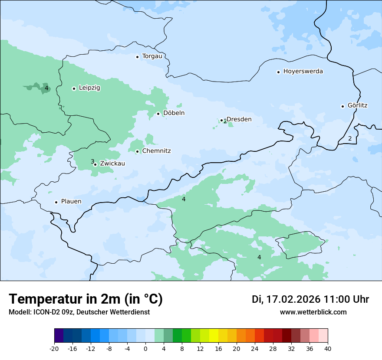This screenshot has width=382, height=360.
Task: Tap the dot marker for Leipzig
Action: (74, 88)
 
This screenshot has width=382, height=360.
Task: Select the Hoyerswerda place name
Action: (303, 72)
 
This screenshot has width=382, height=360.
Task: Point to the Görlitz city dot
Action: (342, 106)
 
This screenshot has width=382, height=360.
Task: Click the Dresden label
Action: (239, 119)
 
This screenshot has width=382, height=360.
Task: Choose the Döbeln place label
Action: (174, 113)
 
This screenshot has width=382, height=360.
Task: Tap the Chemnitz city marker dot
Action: (137, 151)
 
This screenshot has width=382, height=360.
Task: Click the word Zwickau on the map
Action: (112, 164)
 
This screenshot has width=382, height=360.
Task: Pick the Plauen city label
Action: (71, 202)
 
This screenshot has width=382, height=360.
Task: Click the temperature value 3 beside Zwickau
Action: (92, 161)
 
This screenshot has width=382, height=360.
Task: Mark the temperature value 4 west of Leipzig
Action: (46, 88)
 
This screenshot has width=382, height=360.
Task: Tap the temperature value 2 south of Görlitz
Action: (350, 139)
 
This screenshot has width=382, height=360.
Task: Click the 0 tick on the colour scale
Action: (145, 349)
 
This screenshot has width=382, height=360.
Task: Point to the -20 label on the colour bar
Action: (54, 349)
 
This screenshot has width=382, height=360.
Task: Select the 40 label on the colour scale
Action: (328, 349)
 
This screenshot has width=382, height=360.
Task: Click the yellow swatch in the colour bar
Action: (214, 336)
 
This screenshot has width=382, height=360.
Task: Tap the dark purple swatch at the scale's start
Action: (59, 336)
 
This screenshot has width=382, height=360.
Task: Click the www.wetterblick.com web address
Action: (313, 312)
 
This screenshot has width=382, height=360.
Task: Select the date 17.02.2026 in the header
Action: (293, 299)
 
